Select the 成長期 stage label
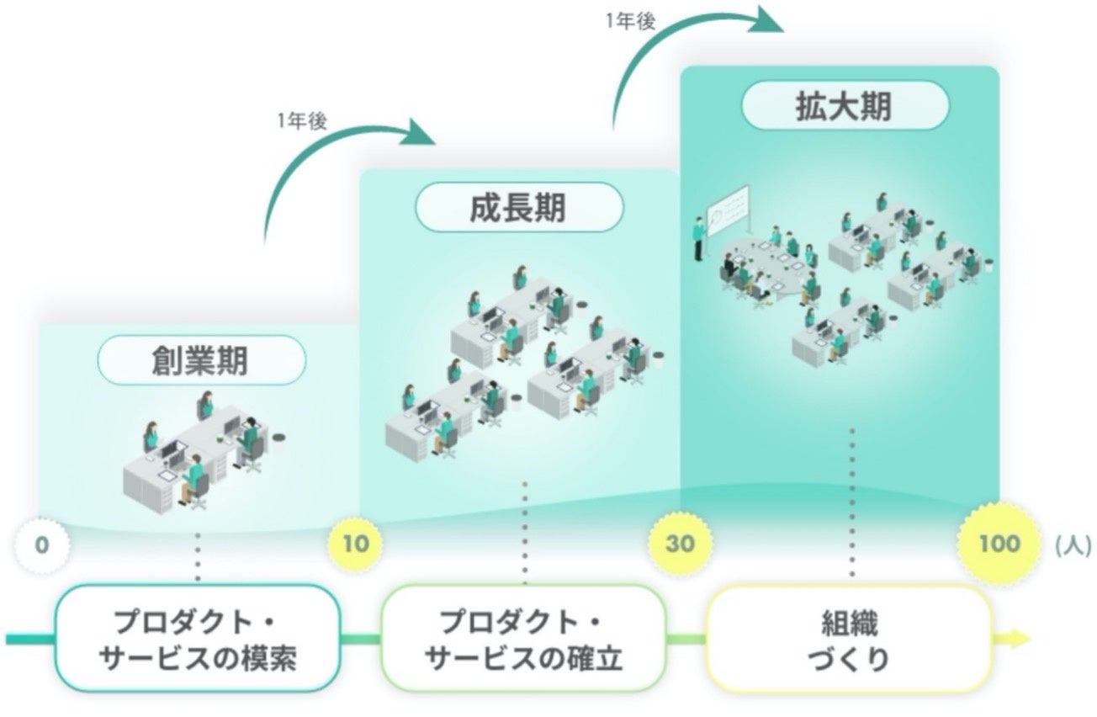point(518,208)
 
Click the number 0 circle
point(42,544)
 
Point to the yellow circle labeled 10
point(355,544)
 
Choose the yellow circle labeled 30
point(680,544)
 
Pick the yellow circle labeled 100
point(999,544)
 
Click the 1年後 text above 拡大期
point(629,21)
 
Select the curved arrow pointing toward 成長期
point(337,151)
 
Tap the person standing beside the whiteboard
point(698,238)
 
